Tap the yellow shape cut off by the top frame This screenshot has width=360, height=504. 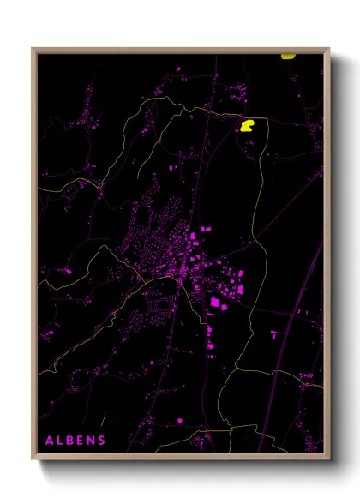click(289, 56)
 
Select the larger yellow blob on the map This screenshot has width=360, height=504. click(248, 125)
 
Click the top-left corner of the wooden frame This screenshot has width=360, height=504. click(33, 49)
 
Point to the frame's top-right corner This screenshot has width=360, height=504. click(329, 49)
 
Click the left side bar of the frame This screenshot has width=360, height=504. click(34, 257)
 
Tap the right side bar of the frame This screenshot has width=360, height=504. click(327, 257)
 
